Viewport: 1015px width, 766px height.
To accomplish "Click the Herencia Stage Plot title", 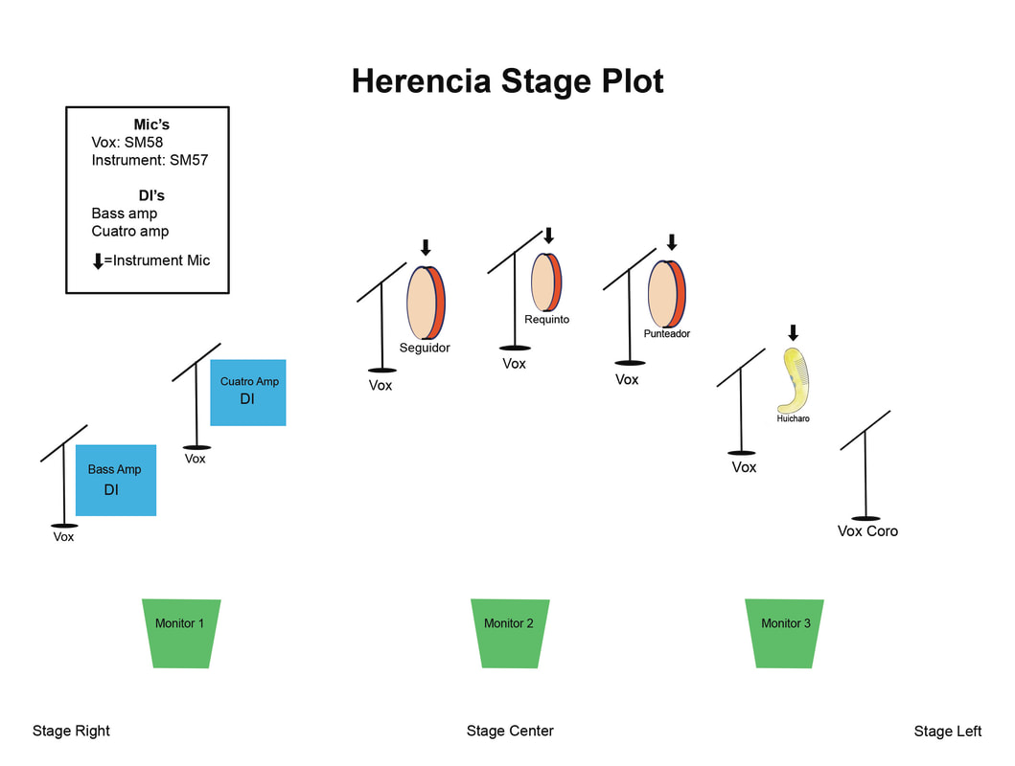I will [x=507, y=81].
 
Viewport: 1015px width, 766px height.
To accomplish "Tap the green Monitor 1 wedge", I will [x=180, y=632].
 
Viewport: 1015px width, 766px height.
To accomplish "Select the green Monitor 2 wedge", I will [x=509, y=632].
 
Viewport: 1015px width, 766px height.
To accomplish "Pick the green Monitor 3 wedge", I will [x=785, y=632].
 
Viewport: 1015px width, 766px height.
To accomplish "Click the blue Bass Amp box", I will [x=115, y=480].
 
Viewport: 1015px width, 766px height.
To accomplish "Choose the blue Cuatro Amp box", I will [x=248, y=391].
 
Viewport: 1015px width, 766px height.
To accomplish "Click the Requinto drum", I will [x=547, y=282].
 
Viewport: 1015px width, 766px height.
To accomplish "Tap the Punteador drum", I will [x=667, y=294].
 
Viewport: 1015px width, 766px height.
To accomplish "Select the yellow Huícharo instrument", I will [x=796, y=380].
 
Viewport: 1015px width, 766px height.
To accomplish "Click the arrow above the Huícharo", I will [x=793, y=333].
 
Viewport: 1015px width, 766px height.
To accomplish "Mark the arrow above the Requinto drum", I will [x=548, y=236].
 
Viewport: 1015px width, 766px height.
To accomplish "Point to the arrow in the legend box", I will [x=97, y=260].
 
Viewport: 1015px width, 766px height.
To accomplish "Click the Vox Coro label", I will [x=867, y=531].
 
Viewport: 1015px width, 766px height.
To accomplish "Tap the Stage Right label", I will [x=71, y=731].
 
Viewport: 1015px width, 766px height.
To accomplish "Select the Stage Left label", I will [x=947, y=732].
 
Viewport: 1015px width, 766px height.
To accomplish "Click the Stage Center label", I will [x=510, y=731].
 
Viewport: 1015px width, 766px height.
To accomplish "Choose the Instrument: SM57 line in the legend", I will [x=150, y=160].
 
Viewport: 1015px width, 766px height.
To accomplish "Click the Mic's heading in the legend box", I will [x=151, y=124].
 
